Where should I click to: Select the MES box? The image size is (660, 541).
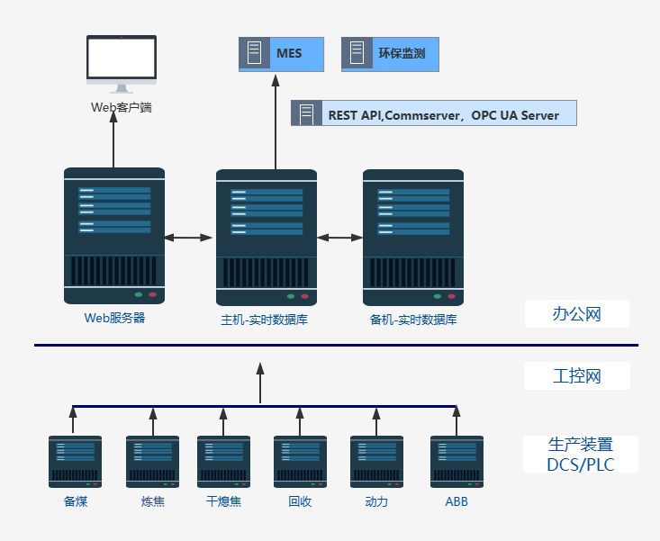(281, 54)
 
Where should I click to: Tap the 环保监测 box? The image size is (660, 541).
(389, 54)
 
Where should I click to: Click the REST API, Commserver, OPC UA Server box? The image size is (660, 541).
(431, 114)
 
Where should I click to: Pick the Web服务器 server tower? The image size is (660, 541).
(114, 236)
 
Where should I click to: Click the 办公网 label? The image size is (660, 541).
(576, 314)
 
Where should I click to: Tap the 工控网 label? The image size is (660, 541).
(576, 375)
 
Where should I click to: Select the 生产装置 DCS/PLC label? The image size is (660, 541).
(580, 455)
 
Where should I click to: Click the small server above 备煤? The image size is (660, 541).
(75, 462)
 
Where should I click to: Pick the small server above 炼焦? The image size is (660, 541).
(152, 462)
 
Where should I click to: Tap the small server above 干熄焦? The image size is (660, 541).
(223, 462)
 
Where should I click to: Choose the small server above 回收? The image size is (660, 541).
(300, 462)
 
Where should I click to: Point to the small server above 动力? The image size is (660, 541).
(376, 462)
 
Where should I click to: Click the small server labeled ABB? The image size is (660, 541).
(457, 462)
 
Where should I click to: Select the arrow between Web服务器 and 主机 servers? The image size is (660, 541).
(188, 238)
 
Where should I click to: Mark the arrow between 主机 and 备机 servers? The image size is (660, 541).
(339, 238)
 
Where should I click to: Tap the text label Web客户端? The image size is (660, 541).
(122, 107)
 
